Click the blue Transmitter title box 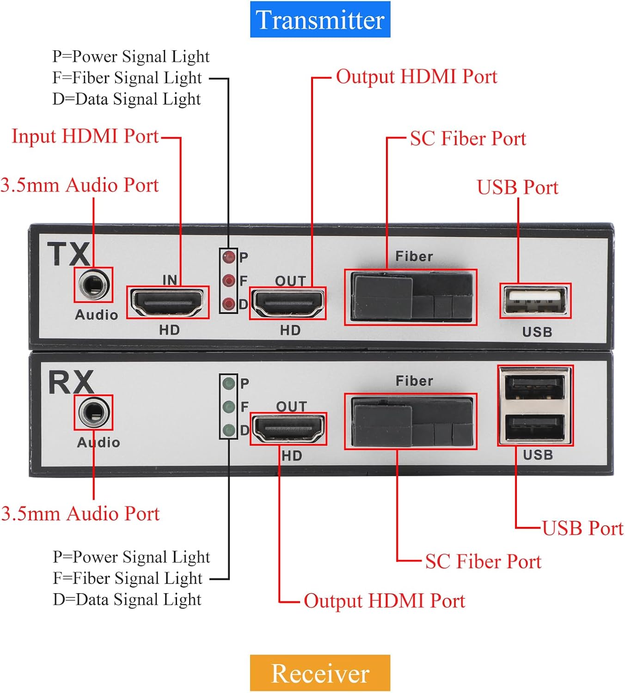click(x=320, y=19)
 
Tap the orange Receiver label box click(x=320, y=673)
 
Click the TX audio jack click(x=93, y=285)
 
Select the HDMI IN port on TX click(x=167, y=302)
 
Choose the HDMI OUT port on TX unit click(x=288, y=303)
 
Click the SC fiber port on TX click(x=411, y=297)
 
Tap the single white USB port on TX click(x=535, y=301)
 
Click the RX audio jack click(x=93, y=413)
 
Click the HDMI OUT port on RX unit click(x=288, y=429)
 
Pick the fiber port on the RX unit click(x=411, y=421)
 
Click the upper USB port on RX click(x=535, y=387)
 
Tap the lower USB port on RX click(x=535, y=427)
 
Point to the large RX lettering click(x=71, y=382)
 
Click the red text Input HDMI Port click(x=85, y=136)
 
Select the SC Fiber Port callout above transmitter click(x=468, y=139)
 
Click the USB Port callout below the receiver click(x=582, y=528)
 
